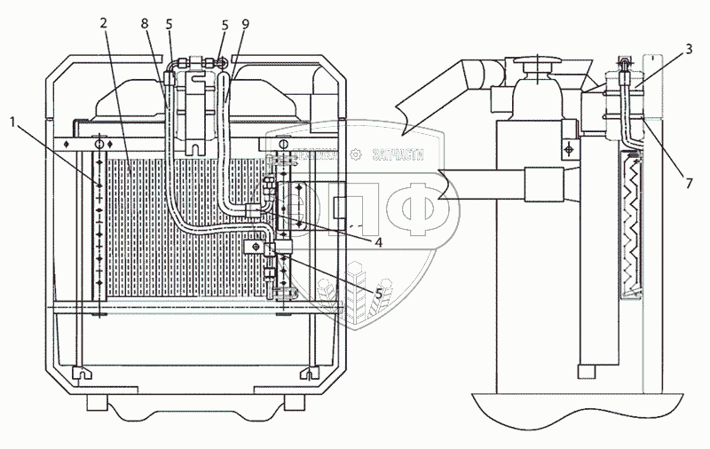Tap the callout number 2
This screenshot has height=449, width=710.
(x=104, y=24)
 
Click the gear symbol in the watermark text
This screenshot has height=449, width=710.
(x=356, y=153)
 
